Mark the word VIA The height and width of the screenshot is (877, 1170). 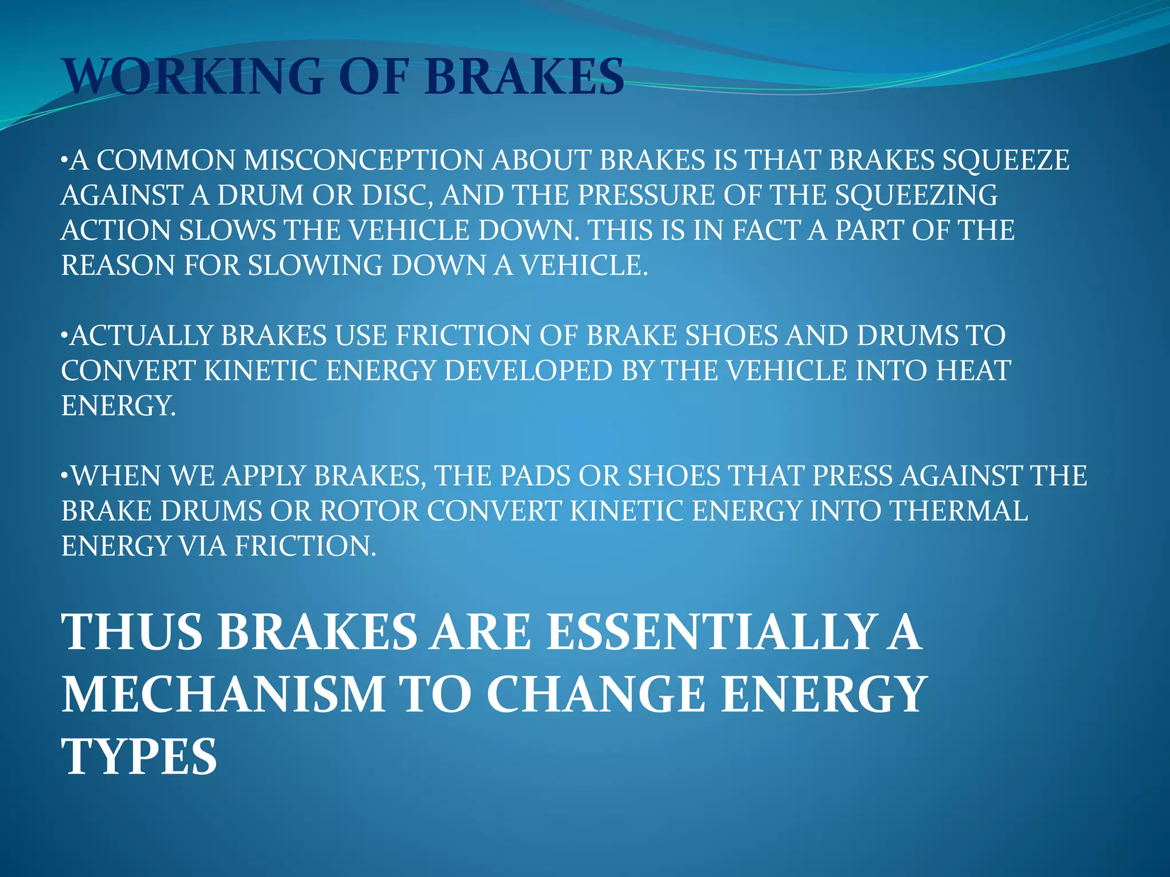tap(203, 546)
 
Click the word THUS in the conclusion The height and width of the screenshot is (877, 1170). tap(132, 632)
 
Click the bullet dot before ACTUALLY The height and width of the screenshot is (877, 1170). tap(65, 336)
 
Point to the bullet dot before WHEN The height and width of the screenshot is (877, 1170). tap(65, 476)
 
